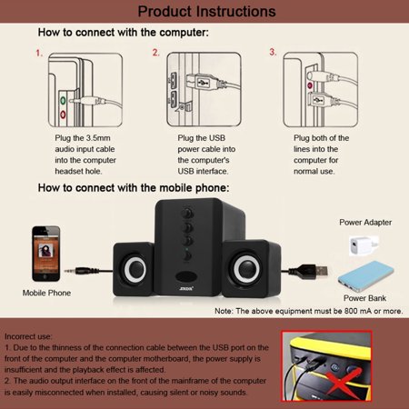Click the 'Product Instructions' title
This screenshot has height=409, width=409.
206,12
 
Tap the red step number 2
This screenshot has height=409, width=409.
155,53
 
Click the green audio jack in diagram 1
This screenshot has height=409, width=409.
63,101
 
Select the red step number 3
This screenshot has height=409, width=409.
273,52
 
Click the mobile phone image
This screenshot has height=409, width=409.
46,254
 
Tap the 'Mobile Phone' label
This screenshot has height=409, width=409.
46,293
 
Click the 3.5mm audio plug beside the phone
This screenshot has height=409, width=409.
83,271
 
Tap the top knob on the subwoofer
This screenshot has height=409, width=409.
187,214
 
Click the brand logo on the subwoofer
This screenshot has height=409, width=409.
186,288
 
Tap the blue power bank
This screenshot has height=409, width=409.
365,276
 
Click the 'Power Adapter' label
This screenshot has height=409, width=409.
365,223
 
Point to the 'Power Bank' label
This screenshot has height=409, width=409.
364,298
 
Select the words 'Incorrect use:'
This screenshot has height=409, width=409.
28,336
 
